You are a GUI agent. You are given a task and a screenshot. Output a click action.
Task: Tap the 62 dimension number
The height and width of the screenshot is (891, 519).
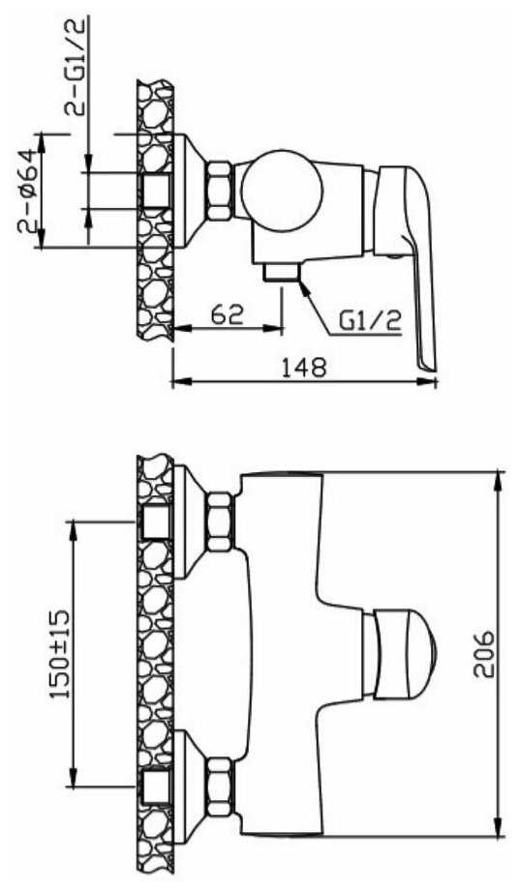(227, 313)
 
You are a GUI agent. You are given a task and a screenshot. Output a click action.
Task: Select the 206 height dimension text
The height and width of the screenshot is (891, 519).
(484, 653)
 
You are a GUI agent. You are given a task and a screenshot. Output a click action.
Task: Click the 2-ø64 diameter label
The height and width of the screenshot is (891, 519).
(28, 193)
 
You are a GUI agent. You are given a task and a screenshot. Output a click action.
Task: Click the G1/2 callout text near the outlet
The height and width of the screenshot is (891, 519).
(370, 321)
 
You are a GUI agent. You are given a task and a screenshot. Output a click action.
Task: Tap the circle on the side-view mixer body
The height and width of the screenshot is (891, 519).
(282, 191)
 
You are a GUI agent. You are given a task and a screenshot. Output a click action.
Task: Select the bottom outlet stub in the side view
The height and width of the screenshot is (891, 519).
(281, 272)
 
